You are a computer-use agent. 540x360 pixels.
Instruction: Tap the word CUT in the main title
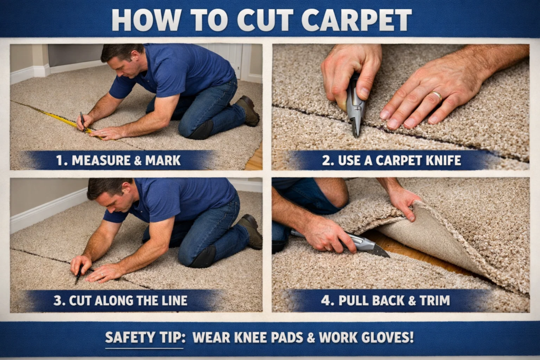click(262, 20)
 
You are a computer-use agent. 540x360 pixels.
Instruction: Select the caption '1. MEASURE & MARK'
click(118, 160)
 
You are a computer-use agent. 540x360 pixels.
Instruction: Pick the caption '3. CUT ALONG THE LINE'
click(120, 301)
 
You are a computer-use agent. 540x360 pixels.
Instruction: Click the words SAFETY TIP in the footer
click(144, 337)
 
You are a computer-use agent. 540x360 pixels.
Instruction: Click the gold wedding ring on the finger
click(437, 95)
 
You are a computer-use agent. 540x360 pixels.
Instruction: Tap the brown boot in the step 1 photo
click(249, 110)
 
